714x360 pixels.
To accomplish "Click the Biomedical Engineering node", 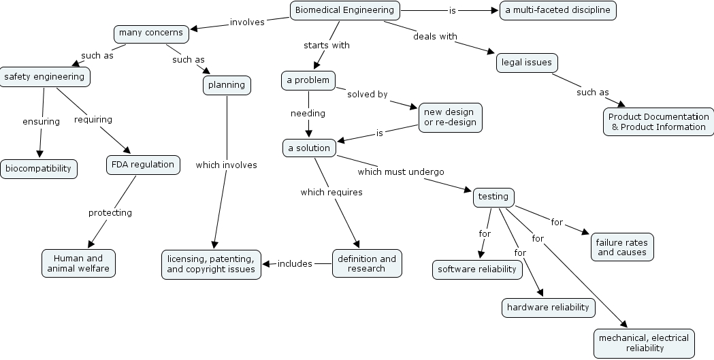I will click(x=344, y=10).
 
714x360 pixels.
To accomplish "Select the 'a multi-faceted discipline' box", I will click(x=557, y=10).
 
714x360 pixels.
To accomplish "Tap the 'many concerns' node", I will click(x=150, y=33).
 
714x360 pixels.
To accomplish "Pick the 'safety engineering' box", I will click(x=44, y=77).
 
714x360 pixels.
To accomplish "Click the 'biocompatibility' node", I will click(x=38, y=168).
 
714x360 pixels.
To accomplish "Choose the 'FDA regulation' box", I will click(x=143, y=164).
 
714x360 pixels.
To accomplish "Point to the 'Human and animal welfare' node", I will click(x=78, y=263).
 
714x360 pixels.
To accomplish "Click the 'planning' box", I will click(x=226, y=85).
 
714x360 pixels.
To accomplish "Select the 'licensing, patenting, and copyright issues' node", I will click(x=211, y=264).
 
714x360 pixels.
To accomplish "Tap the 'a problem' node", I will click(x=308, y=80).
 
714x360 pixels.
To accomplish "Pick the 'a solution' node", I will click(x=308, y=148).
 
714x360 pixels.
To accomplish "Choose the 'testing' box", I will click(x=493, y=197).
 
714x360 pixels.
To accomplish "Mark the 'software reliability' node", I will click(x=477, y=269).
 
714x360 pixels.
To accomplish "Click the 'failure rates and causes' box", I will click(x=621, y=247).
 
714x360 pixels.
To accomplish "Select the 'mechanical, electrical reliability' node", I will click(x=643, y=343).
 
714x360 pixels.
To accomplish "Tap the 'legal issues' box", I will click(x=526, y=63).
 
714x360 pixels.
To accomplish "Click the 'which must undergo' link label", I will click(x=400, y=171).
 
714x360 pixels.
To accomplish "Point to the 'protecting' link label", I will click(x=110, y=212).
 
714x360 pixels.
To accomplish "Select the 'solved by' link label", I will click(x=367, y=95).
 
